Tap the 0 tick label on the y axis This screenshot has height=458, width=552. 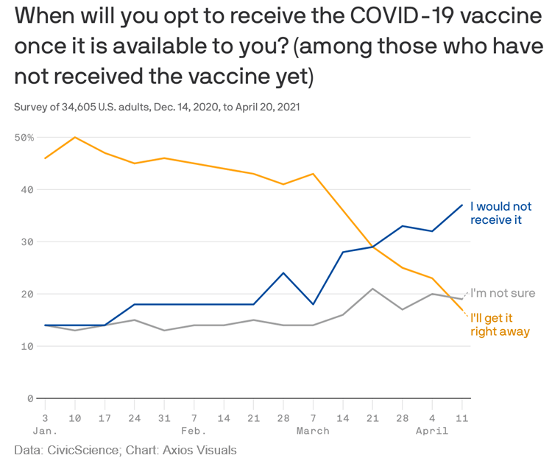pos(30,398)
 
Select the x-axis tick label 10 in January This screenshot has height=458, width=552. pos(75,418)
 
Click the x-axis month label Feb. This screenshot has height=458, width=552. pos(194,431)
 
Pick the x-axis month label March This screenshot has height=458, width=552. pos(313,431)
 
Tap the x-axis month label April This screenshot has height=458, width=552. pos(432,431)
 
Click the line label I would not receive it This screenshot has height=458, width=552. pos(500,213)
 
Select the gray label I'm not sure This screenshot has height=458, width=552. pos(503,293)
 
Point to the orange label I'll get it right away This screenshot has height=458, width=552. pos(500,325)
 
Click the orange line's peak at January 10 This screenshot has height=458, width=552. pos(75,137)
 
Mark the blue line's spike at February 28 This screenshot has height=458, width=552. pos(283,273)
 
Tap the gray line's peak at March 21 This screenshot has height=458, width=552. pos(372,289)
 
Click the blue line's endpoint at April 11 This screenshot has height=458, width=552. pos(461,205)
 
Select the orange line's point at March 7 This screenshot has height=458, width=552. pos(314,174)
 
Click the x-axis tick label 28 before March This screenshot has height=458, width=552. pos(283,418)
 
